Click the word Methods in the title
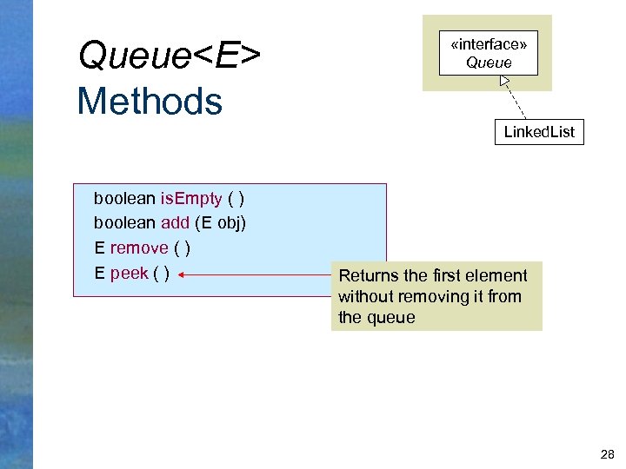click(x=150, y=101)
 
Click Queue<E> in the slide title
click(x=170, y=56)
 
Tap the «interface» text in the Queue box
click(x=488, y=44)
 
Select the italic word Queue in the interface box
click(x=488, y=63)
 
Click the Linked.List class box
click(x=539, y=132)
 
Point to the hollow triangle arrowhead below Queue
click(x=504, y=82)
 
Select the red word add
click(x=175, y=223)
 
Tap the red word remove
click(x=138, y=248)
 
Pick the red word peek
click(x=129, y=274)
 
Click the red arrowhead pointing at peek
click(x=184, y=274)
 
